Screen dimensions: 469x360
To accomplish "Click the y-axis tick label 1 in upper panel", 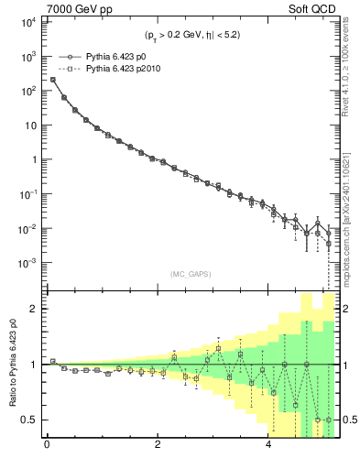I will pyautogui.click(x=32, y=160).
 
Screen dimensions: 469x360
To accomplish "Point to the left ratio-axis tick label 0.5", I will pyautogui.click(x=28, y=420).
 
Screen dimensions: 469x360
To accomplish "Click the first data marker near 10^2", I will pyautogui.click(x=53, y=80).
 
